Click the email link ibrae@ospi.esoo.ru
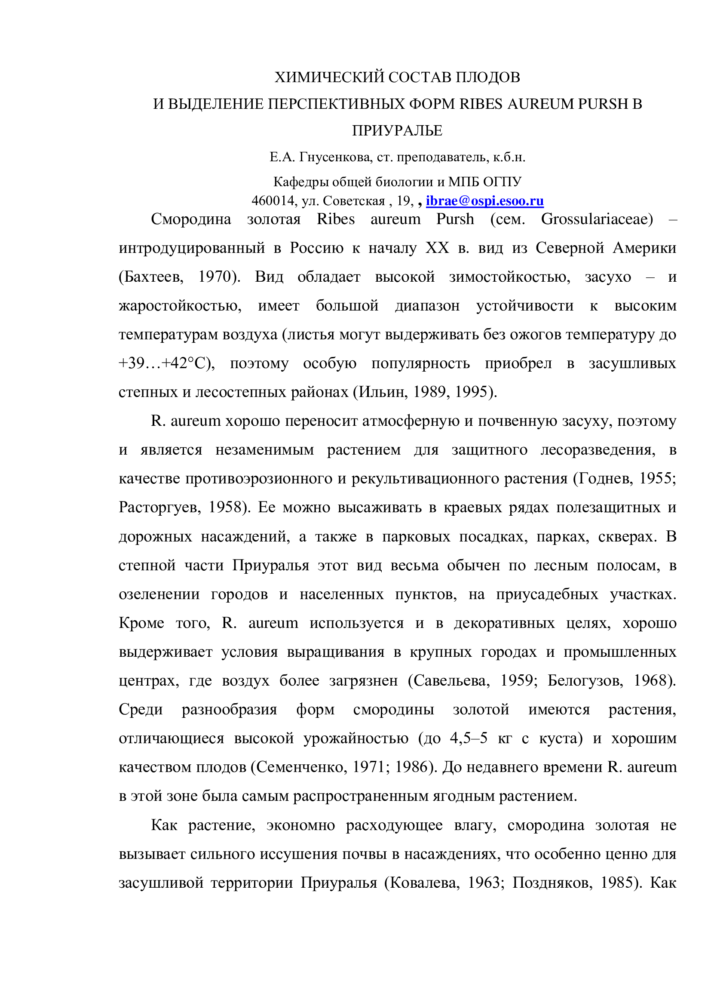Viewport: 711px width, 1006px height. (484, 201)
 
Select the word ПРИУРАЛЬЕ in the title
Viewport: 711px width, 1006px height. (397, 131)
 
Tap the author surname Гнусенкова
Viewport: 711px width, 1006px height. (335, 157)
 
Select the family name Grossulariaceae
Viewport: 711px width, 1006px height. (597, 219)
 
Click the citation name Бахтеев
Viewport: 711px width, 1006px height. (151, 277)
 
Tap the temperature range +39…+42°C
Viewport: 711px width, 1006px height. (166, 364)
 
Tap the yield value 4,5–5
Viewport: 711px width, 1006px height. (469, 738)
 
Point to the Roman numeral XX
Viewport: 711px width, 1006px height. (437, 248)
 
